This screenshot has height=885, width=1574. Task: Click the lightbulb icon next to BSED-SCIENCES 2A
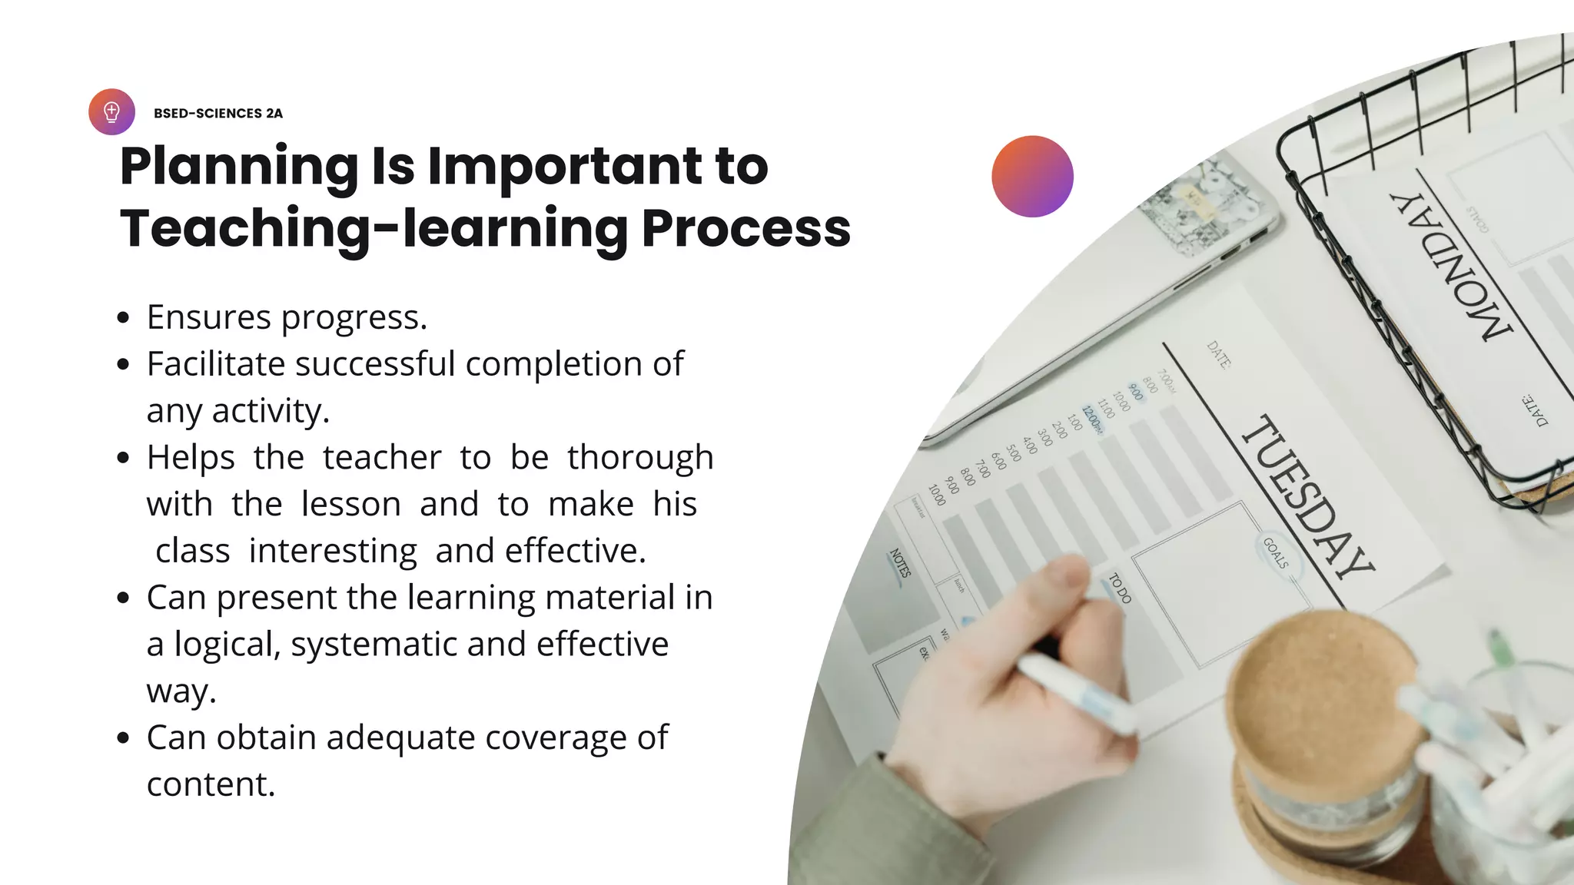tap(111, 112)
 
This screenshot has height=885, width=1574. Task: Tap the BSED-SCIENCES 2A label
tap(218, 114)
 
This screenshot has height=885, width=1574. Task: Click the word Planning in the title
tap(239, 167)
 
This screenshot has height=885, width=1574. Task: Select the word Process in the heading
tap(745, 228)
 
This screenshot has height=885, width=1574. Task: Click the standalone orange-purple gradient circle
tap(1032, 177)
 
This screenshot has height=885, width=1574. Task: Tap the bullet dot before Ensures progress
tap(123, 318)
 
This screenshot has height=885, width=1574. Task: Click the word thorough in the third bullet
tap(640, 458)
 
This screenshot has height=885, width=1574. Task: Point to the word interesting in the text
tap(333, 551)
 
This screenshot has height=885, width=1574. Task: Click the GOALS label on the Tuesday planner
tap(1275, 553)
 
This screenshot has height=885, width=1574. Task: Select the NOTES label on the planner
tap(900, 563)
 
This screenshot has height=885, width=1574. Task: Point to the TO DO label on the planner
tap(1120, 588)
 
